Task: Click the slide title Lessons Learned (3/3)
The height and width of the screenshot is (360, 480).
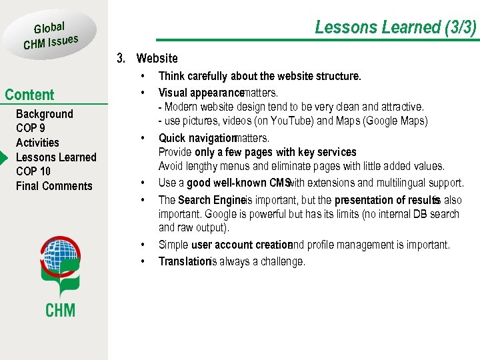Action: click(x=395, y=27)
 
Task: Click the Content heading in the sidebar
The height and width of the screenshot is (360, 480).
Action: click(x=29, y=95)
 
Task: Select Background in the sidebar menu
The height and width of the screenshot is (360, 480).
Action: click(x=44, y=114)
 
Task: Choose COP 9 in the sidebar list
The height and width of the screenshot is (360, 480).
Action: click(x=31, y=129)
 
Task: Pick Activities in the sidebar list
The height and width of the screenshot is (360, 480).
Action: click(x=37, y=143)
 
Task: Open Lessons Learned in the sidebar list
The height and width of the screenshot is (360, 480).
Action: click(x=56, y=157)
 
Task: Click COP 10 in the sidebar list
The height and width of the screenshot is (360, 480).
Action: click(x=33, y=171)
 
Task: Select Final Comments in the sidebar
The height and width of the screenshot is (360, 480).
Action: click(x=54, y=186)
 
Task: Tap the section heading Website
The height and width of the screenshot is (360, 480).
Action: click(x=157, y=59)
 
